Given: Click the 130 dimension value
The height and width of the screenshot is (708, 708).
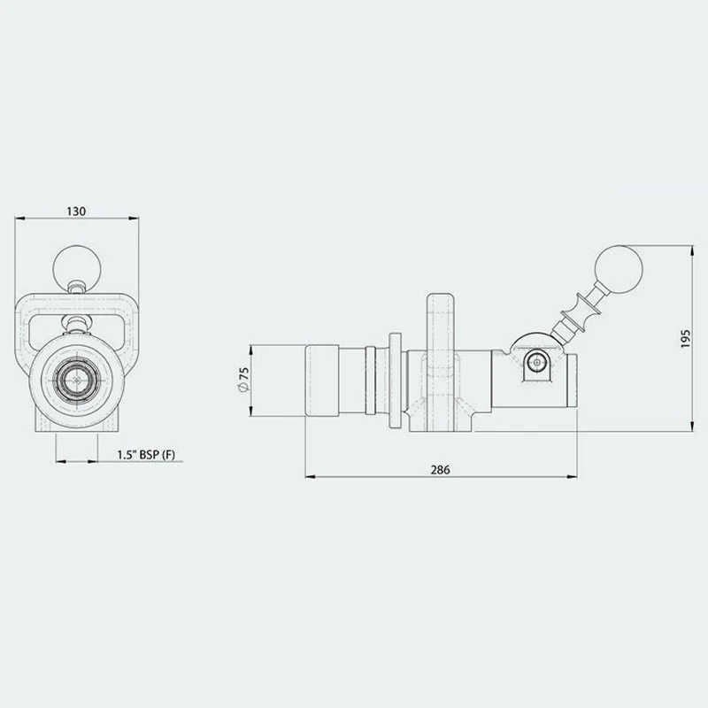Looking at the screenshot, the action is click(76, 211).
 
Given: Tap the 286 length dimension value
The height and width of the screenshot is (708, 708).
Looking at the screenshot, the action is click(440, 470).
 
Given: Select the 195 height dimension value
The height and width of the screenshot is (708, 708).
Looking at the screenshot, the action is click(685, 338).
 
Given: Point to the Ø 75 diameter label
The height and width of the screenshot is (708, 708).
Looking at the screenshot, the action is click(244, 380).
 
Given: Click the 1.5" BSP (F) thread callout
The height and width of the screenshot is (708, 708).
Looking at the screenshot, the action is click(146, 455).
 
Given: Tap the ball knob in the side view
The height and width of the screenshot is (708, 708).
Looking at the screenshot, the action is click(619, 269).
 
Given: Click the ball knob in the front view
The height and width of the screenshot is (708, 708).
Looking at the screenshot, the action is click(77, 268).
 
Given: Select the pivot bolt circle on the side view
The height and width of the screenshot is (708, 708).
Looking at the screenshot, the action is click(536, 362).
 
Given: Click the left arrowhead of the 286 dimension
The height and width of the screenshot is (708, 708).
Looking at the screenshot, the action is click(311, 476).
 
